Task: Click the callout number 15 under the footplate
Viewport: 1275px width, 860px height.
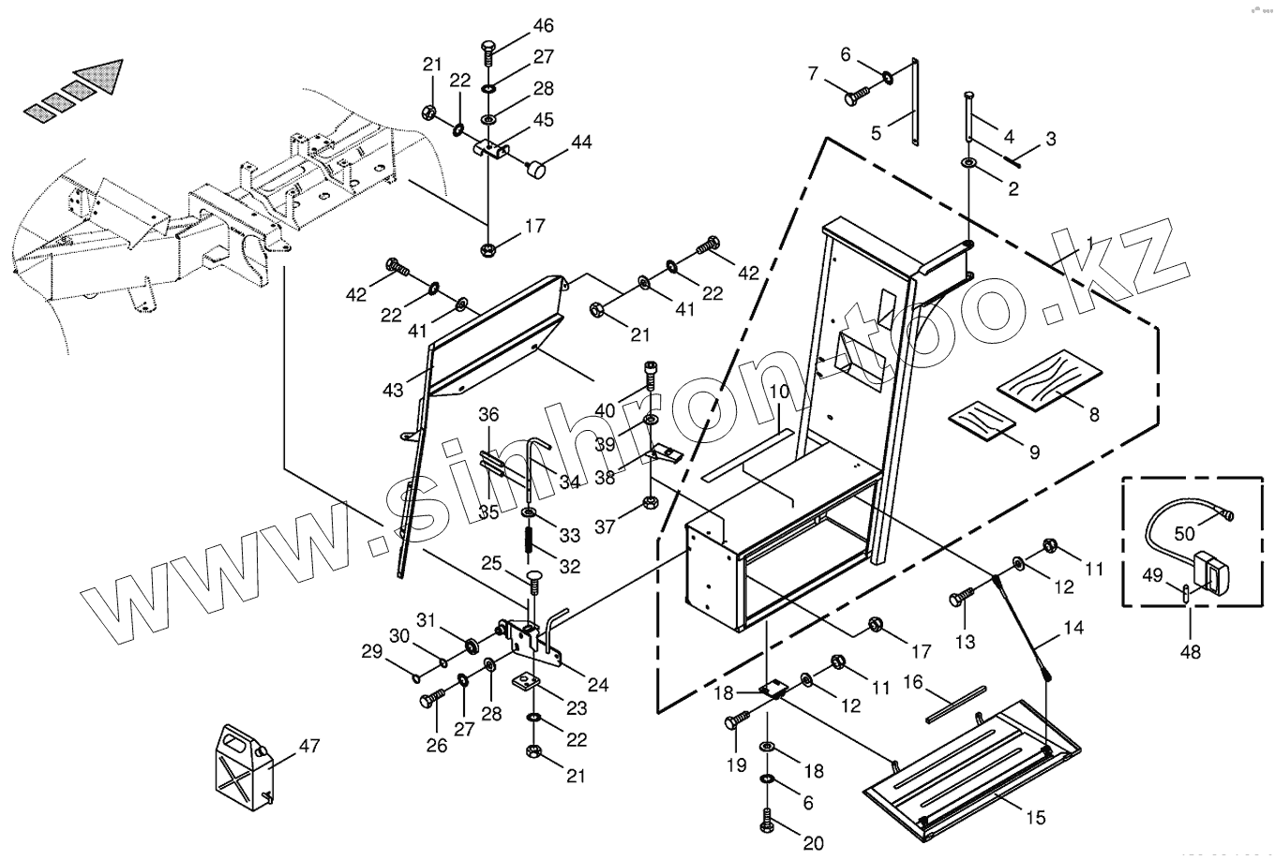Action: coord(1035,818)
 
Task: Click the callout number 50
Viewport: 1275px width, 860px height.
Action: coord(1185,533)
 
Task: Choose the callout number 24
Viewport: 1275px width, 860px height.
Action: coord(597,685)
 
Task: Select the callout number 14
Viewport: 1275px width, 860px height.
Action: coord(1073,628)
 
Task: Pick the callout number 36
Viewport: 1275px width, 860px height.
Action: coord(489,413)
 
